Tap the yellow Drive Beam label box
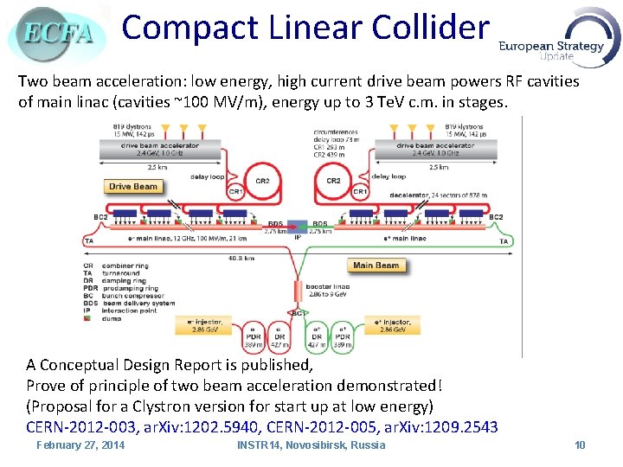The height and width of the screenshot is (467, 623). (x=133, y=186)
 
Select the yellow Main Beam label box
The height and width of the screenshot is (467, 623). (x=376, y=265)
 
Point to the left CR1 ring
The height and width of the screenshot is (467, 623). (x=234, y=192)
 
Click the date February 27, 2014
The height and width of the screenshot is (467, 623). (x=80, y=445)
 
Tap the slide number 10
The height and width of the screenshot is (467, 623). (x=580, y=445)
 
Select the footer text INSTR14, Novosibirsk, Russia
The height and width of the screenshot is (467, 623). (x=311, y=445)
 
